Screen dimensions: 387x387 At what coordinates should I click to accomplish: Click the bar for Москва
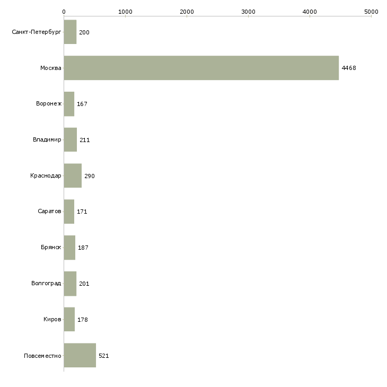click(x=201, y=68)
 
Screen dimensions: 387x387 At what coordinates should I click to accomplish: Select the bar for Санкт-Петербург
click(x=70, y=32)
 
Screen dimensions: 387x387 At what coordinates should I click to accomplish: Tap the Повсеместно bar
click(x=80, y=355)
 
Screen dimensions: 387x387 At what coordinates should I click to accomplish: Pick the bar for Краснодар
click(x=73, y=175)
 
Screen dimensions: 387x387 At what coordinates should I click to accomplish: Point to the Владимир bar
click(x=71, y=139)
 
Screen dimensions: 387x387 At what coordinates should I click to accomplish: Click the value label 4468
click(x=348, y=68)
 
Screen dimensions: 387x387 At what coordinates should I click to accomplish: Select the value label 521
click(x=104, y=356)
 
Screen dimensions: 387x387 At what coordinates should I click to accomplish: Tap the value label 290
click(x=90, y=176)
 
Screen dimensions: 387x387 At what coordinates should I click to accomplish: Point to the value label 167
click(x=82, y=104)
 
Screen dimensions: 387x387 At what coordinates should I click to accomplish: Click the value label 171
click(x=82, y=212)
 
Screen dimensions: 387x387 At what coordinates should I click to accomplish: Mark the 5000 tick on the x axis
click(x=371, y=11)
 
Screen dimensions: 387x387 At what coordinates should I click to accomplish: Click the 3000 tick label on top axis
click(x=248, y=11)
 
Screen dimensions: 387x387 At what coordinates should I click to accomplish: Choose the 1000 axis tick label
click(x=125, y=11)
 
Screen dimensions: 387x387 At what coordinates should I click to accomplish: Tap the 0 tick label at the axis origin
click(x=64, y=11)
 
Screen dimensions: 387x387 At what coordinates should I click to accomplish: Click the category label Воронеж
click(x=49, y=104)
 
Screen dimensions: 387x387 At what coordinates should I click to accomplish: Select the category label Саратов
click(x=50, y=212)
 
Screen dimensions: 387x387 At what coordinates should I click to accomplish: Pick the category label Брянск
click(x=51, y=248)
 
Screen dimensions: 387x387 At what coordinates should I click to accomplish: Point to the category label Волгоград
click(x=47, y=284)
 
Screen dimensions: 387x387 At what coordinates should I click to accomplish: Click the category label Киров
click(x=52, y=319)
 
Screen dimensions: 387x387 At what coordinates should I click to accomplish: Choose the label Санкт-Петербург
click(x=37, y=32)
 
